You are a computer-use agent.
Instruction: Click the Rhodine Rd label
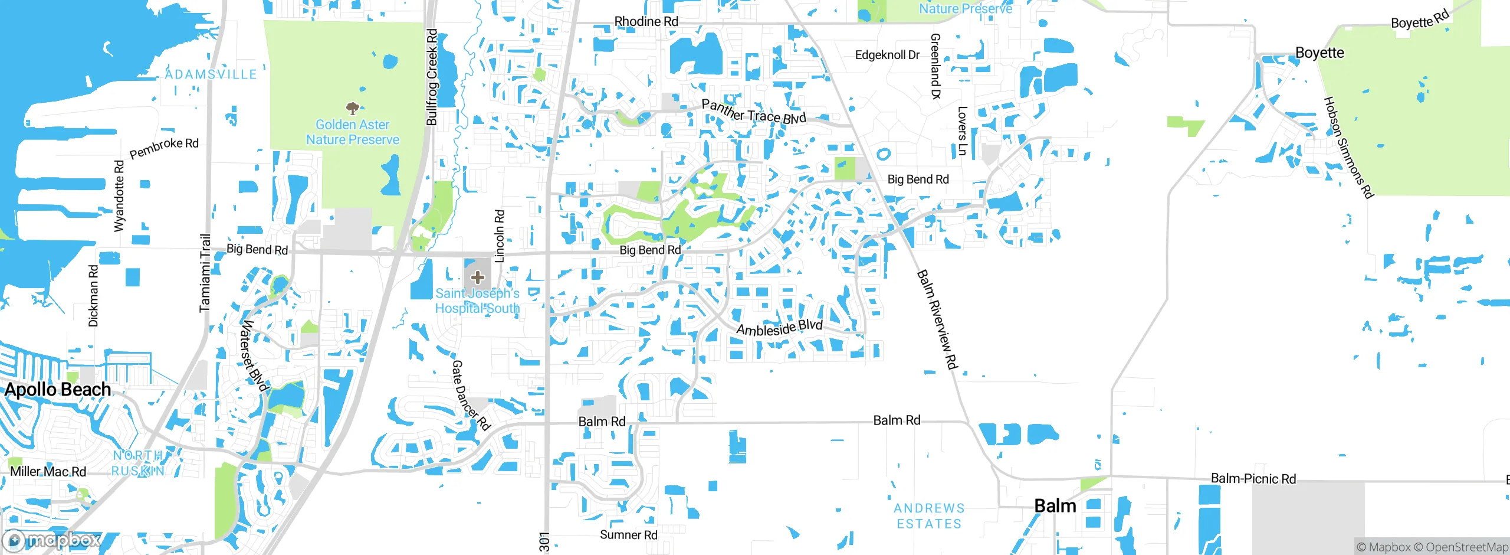(646, 21)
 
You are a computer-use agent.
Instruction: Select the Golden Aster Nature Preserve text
(352, 132)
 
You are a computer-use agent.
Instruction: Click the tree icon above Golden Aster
(352, 108)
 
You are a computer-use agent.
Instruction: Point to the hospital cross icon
(478, 277)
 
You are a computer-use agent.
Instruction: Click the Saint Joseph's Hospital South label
(477, 301)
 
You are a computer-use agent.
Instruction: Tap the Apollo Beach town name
(58, 390)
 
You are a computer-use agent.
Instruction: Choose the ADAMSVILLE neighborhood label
(211, 74)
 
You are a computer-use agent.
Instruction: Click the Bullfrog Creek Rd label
(432, 77)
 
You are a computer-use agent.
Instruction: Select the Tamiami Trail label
(205, 273)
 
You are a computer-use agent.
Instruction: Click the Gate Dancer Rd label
(471, 395)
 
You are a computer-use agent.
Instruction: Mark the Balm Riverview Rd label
(936, 319)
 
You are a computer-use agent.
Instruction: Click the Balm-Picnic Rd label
(1253, 479)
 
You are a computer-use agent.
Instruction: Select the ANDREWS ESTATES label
(929, 516)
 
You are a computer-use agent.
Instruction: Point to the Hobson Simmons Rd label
(1349, 148)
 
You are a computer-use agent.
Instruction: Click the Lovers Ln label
(962, 131)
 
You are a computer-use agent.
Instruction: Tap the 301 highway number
(544, 541)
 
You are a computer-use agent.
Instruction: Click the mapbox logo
(52, 540)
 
